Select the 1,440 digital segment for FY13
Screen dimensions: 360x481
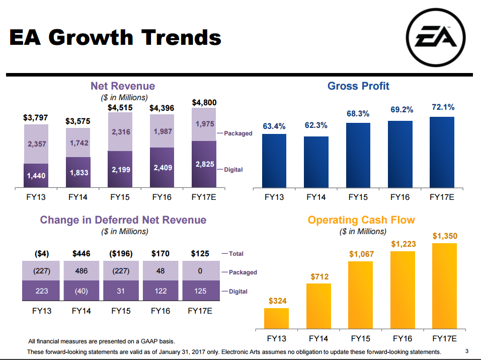tap(36, 176)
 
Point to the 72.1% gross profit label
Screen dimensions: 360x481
tap(443, 107)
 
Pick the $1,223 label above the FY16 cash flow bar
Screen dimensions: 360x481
tap(404, 244)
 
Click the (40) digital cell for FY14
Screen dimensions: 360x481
tap(81, 291)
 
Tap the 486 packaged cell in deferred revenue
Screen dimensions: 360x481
tap(81, 271)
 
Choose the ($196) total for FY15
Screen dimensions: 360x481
tap(121, 253)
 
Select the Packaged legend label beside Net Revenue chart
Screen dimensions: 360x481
tap(237, 133)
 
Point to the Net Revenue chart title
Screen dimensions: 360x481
tap(123, 86)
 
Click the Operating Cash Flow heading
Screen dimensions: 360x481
tap(361, 220)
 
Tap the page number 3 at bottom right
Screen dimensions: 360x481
tap(467, 351)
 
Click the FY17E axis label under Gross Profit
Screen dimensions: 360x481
tap(442, 197)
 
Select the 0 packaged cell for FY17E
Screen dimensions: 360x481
tap(200, 271)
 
